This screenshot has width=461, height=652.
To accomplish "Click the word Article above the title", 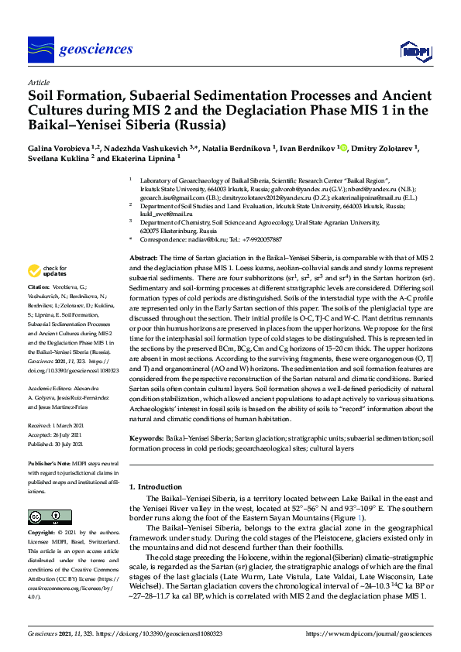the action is click(38, 81).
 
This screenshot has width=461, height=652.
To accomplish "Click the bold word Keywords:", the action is click(147, 438).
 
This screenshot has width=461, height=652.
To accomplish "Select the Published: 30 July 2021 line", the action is click(61, 444).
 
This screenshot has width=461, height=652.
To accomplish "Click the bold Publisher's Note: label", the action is click(50, 462).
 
